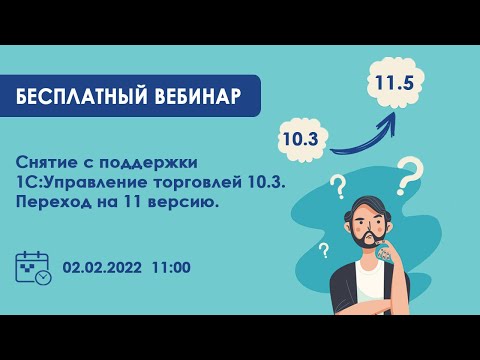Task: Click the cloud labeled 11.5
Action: click(394, 83)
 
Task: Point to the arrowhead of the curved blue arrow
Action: click(391, 117)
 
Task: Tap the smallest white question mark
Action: click(323, 250)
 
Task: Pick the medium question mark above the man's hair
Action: click(338, 186)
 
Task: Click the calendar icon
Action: click(33, 268)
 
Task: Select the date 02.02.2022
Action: click(102, 268)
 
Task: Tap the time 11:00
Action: click(171, 268)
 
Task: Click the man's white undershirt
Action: click(373, 290)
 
